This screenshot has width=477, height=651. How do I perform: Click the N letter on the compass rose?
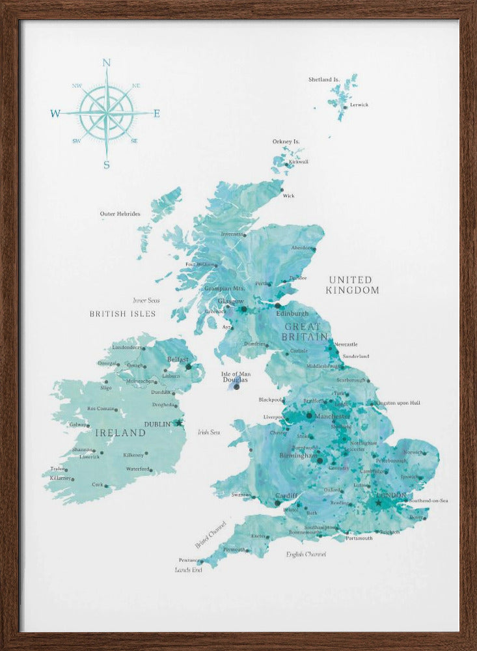click(x=107, y=62)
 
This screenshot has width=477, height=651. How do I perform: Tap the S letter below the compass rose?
click(x=107, y=165)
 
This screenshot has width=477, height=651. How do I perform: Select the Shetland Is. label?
click(x=324, y=79)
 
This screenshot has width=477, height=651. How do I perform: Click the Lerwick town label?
click(x=359, y=105)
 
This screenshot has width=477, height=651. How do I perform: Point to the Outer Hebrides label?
click(x=120, y=214)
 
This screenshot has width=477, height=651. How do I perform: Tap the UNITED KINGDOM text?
click(x=353, y=284)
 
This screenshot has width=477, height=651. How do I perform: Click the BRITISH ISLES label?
click(x=123, y=314)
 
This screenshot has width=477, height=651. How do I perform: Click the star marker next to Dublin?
click(x=179, y=422)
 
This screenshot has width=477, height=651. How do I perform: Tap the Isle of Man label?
click(x=236, y=374)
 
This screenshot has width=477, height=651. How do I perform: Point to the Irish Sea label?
click(x=208, y=432)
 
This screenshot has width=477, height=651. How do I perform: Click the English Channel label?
click(x=306, y=554)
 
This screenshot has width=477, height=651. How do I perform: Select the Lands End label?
click(x=189, y=570)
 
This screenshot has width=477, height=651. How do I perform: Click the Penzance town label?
click(x=189, y=559)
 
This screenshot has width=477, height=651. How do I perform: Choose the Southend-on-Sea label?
click(x=428, y=500)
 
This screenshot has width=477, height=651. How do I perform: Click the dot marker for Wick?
click(x=282, y=190)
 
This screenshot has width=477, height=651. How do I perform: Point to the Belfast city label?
click(x=178, y=359)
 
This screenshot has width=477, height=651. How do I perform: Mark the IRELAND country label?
click(x=120, y=432)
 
